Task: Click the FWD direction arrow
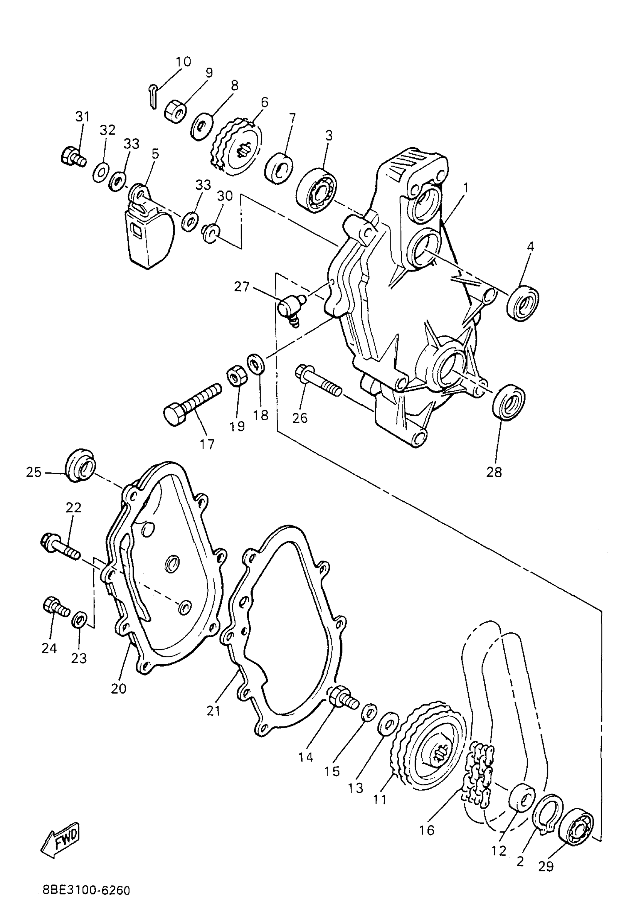(x=61, y=838)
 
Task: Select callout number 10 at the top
(x=183, y=62)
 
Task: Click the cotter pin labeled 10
(x=154, y=96)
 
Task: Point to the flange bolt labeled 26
(x=318, y=381)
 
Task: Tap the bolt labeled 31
(x=73, y=156)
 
